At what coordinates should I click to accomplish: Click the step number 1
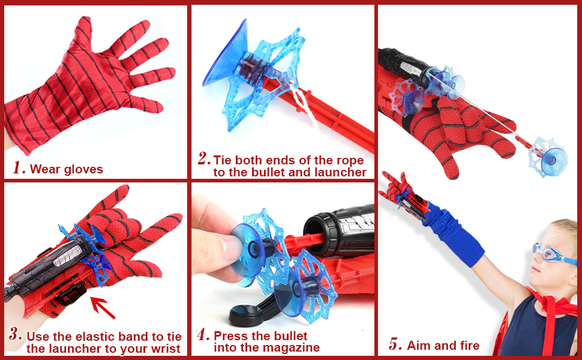click(19, 168)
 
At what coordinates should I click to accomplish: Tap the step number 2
click(204, 158)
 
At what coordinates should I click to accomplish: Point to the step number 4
click(204, 335)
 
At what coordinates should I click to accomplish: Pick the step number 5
click(395, 344)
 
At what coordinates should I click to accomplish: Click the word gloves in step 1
click(83, 170)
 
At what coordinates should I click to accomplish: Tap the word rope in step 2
click(350, 161)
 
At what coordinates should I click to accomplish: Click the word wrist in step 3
click(166, 349)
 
